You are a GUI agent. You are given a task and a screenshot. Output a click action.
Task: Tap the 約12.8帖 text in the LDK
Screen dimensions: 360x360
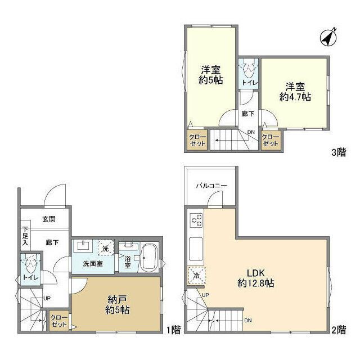pyautogui.click(x=256, y=283)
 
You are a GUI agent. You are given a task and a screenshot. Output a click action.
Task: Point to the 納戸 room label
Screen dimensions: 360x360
pyautogui.click(x=117, y=299)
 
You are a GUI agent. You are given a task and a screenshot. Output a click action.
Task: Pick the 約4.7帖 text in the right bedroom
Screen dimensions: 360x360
pyautogui.click(x=295, y=97)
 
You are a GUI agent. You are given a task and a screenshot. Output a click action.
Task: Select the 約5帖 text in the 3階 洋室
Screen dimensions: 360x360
pyautogui.click(x=210, y=80)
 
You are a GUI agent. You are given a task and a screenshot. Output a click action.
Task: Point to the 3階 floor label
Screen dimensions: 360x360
pyautogui.click(x=338, y=151)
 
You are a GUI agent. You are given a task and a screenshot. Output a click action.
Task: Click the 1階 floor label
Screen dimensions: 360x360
pyautogui.click(x=173, y=331)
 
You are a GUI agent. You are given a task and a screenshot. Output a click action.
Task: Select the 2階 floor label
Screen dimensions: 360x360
pyautogui.click(x=338, y=331)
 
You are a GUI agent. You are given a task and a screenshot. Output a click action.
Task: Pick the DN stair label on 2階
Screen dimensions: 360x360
pyautogui.click(x=248, y=321)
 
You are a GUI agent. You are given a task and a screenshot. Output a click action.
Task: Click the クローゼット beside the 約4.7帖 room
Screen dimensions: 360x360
pyautogui.click(x=270, y=141)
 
